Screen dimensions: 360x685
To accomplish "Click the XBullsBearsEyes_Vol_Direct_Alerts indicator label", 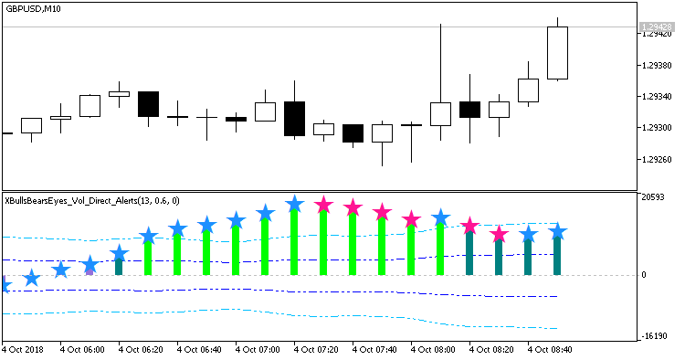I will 91,200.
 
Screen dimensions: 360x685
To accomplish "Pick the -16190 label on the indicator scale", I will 654,337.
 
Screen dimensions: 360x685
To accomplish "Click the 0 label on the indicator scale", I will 643,275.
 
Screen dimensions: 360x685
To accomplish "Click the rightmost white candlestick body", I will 557,53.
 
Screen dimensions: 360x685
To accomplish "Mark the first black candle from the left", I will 148,104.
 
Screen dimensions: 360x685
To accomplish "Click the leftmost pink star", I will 323,205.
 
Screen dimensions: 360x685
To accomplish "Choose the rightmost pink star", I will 499,235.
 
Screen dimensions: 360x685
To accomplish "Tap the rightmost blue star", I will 557,233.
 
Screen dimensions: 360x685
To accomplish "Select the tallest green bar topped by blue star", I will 294,239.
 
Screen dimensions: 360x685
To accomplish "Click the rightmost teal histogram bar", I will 557,255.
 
